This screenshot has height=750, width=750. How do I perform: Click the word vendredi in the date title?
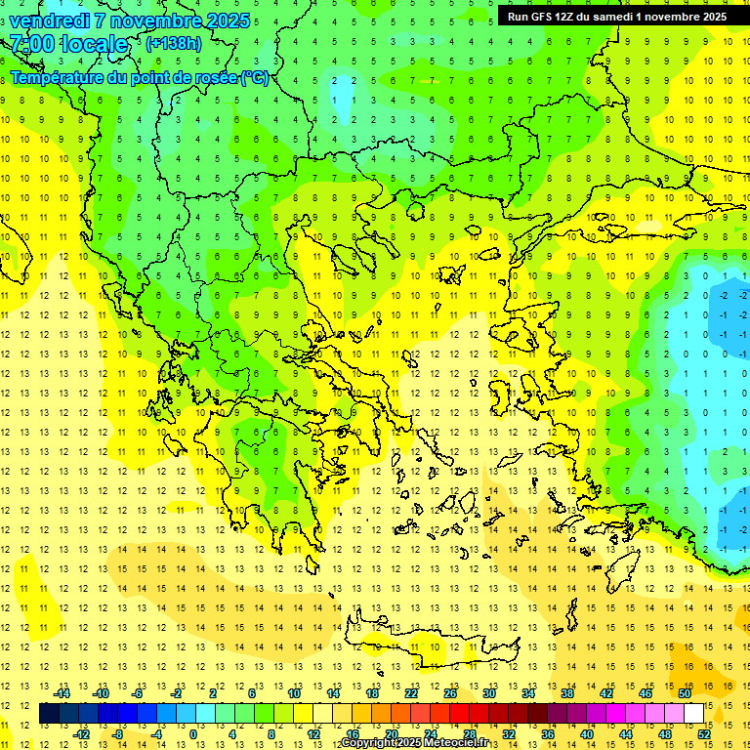click(50, 21)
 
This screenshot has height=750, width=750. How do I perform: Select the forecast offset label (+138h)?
click(174, 43)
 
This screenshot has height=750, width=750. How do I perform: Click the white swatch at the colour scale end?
click(694, 714)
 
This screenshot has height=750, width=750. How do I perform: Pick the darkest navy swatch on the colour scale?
click(49, 714)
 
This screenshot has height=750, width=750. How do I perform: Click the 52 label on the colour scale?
click(705, 734)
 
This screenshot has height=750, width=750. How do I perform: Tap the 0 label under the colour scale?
click(192, 734)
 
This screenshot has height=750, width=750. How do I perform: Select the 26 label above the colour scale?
click(450, 693)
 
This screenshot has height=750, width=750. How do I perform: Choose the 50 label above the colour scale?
click(685, 693)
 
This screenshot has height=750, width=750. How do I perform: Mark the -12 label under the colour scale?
click(82, 734)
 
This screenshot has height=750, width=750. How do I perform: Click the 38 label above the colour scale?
click(567, 693)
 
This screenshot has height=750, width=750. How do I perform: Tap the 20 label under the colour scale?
click(392, 734)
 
